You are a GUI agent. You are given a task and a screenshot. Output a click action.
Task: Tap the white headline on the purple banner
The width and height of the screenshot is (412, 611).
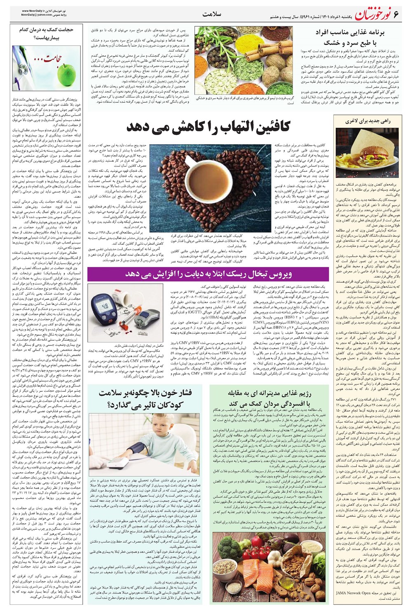pos(208,274)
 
